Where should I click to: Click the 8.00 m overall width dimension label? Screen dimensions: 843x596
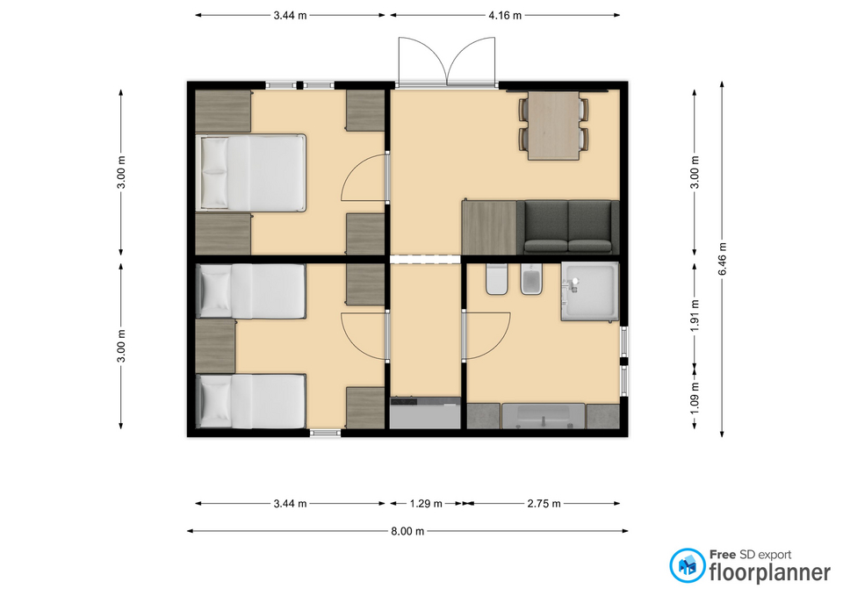coord(407,531)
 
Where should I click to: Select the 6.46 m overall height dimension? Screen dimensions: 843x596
coord(723,258)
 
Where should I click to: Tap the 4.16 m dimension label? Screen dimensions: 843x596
coord(505,16)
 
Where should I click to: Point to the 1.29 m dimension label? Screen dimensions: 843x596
coord(426,504)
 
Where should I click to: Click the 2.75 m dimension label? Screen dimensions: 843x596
coord(544,504)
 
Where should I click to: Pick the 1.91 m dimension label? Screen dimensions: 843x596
coord(695,315)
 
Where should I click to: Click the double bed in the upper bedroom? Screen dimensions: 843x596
coord(250,172)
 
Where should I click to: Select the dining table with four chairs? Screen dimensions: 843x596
coord(553,126)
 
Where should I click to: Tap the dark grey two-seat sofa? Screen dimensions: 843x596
coord(568,227)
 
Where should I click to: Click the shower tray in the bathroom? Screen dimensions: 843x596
coord(590,291)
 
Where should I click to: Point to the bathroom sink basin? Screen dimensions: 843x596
coord(543,416)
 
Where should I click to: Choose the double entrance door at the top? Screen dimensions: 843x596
coord(446,61)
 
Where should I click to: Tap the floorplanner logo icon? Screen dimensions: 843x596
coord(687,565)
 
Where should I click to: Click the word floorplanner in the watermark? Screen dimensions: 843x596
coord(770,572)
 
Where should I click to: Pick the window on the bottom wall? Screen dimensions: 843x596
coord(325,433)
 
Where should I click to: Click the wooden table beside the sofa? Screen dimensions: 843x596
coord(489,227)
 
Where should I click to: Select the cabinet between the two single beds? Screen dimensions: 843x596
coord(215,346)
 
